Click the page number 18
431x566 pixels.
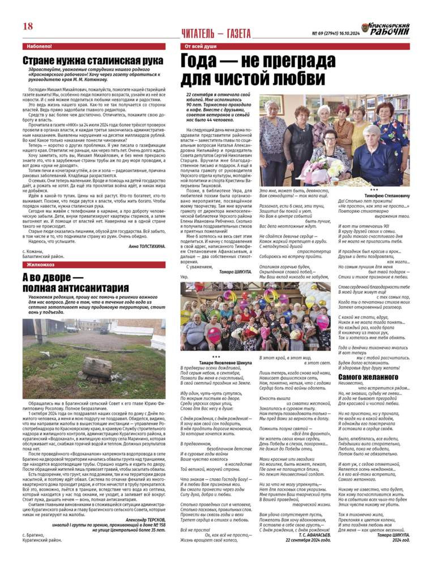click(x=28, y=27)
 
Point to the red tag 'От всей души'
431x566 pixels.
click(x=198, y=46)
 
